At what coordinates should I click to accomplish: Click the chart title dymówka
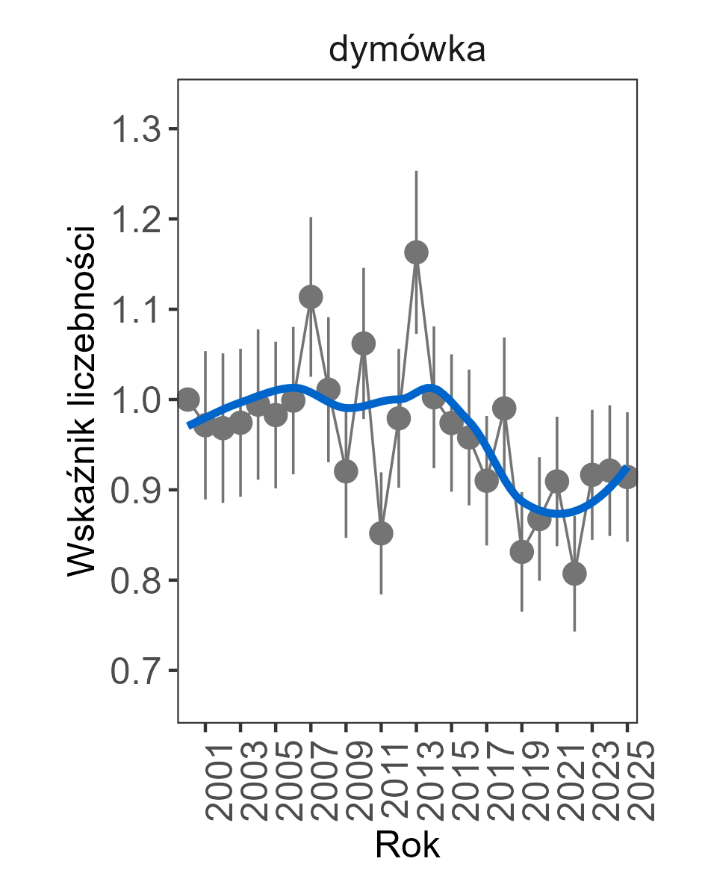[407, 50]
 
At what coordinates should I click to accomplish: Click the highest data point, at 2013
[417, 252]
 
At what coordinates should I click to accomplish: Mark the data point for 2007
[311, 296]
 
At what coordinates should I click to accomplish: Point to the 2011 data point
[381, 533]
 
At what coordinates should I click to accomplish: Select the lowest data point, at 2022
[574, 574]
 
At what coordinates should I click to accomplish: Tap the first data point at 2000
[188, 399]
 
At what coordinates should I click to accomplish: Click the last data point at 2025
[627, 476]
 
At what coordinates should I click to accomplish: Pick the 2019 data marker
[522, 552]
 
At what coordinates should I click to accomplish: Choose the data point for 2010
[364, 344]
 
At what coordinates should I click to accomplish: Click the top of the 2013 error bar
[417, 172]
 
